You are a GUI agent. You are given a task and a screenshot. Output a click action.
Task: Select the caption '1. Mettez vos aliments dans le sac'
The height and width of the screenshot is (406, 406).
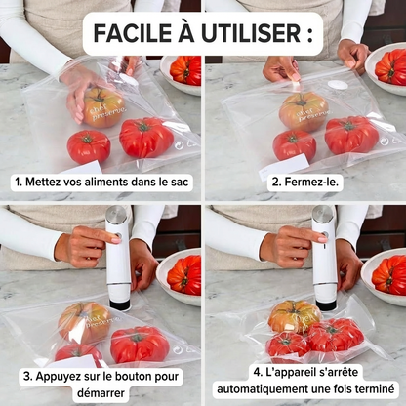(102, 182)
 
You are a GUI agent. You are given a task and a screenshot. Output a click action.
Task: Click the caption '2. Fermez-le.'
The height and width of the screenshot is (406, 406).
(304, 182)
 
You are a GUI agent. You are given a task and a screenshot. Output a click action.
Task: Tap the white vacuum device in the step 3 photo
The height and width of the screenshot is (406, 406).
(118, 264)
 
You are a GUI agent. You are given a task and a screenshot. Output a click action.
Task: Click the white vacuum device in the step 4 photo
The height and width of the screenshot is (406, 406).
(324, 264)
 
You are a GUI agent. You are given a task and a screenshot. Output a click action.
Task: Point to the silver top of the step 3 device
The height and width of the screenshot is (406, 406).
(117, 215)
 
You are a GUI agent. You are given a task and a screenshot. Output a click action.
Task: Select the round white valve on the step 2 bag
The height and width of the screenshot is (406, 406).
(338, 86)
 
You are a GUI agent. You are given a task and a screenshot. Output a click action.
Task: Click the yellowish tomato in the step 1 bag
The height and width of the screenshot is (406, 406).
(102, 105)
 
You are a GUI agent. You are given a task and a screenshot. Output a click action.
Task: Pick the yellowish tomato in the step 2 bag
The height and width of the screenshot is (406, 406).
(303, 110)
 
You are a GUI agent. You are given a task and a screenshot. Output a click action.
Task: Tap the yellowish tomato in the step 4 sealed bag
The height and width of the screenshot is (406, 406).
(293, 315)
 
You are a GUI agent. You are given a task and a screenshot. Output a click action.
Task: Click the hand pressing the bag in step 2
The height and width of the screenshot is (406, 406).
(282, 68)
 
